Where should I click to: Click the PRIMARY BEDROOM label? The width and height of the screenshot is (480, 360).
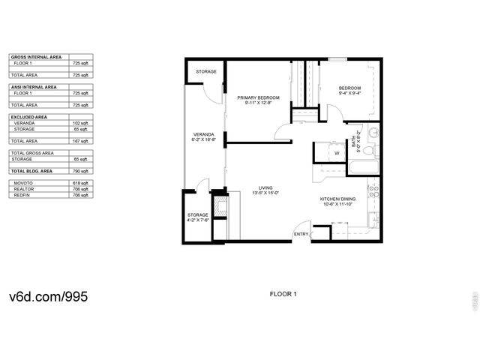258,98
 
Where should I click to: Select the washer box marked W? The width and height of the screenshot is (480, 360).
337,154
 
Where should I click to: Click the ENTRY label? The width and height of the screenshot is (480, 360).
301,234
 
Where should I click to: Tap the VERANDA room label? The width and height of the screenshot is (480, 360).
204,135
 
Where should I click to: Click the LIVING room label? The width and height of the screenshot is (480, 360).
265,187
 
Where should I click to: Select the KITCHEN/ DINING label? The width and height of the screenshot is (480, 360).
337,199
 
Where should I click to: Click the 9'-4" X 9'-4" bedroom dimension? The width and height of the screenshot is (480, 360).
349,94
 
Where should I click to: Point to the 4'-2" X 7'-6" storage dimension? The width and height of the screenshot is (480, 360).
198,220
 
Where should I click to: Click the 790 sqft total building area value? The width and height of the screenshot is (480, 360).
80,171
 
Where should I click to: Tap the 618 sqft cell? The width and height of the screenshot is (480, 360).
80,183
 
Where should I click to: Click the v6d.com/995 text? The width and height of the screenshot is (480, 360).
48,296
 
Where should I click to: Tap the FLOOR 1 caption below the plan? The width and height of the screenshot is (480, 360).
283,294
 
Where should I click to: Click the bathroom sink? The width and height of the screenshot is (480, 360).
373,135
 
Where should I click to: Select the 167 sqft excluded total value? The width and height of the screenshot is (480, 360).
80,141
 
